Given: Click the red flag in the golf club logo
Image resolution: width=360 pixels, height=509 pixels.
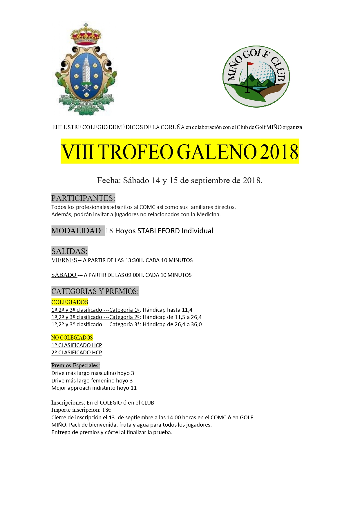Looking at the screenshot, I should pyautogui.click(x=250, y=64).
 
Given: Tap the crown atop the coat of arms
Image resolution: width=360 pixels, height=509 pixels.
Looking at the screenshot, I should pyautogui.click(x=86, y=35).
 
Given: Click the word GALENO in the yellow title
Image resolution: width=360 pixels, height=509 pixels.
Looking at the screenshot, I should pyautogui.click(x=217, y=152).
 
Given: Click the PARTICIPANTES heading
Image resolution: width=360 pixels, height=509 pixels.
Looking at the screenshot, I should pyautogui.click(x=83, y=198).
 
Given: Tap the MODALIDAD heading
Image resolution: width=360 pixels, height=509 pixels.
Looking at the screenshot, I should pyautogui.click(x=77, y=231).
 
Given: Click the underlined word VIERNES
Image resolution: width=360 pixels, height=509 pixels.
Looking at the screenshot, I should pyautogui.click(x=64, y=260).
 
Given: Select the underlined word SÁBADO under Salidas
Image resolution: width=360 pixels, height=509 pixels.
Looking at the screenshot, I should pyautogui.click(x=64, y=275).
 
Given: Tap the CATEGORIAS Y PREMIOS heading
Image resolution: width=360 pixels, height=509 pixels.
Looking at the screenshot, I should pyautogui.click(x=95, y=291).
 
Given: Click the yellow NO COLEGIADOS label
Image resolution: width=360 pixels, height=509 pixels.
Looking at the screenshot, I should pyautogui.click(x=72, y=337).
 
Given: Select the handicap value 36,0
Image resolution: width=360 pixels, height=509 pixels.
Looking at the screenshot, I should pyautogui.click(x=196, y=324).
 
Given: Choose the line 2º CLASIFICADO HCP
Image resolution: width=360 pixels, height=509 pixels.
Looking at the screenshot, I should pyautogui.click(x=77, y=353).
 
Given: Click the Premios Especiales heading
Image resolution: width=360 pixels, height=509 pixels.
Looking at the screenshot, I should pyautogui.click(x=75, y=366).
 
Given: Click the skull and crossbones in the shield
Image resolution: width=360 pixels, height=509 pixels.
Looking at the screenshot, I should pyautogui.click(x=86, y=86).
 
